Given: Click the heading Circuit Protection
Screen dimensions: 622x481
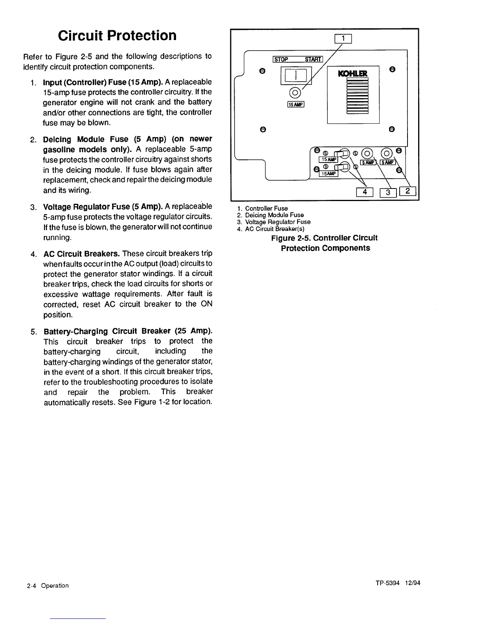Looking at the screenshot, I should coord(117,36).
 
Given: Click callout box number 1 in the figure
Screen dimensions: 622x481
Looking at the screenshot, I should coord(343,38).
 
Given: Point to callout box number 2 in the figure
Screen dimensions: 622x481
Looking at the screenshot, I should coord(408,192).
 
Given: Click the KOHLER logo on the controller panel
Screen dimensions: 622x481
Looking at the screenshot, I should coord(353,73).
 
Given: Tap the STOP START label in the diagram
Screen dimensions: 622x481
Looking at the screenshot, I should coord(297,59).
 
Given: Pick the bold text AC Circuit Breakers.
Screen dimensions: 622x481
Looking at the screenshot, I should coord(82,253).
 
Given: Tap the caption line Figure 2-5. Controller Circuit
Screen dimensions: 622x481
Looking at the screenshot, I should coord(324,238).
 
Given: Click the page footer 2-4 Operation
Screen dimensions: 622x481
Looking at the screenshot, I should coord(48,585).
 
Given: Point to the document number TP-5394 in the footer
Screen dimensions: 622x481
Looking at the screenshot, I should coord(386,583).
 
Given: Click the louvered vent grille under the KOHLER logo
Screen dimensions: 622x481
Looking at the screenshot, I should coord(357,96).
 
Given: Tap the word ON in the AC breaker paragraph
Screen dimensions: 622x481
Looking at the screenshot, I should coord(206,304).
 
